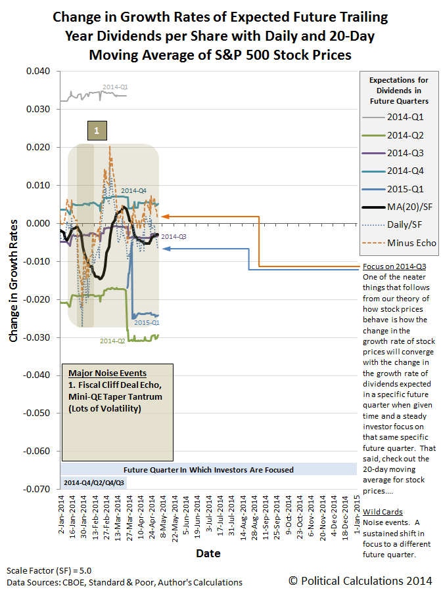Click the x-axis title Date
pyautogui.click(x=208, y=554)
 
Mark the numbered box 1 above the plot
pyautogui.click(x=97, y=131)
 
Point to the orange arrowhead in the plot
pyautogui.click(x=164, y=216)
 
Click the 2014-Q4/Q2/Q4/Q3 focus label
pyautogui.click(x=94, y=482)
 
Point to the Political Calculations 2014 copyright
pyautogui.click(x=360, y=580)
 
